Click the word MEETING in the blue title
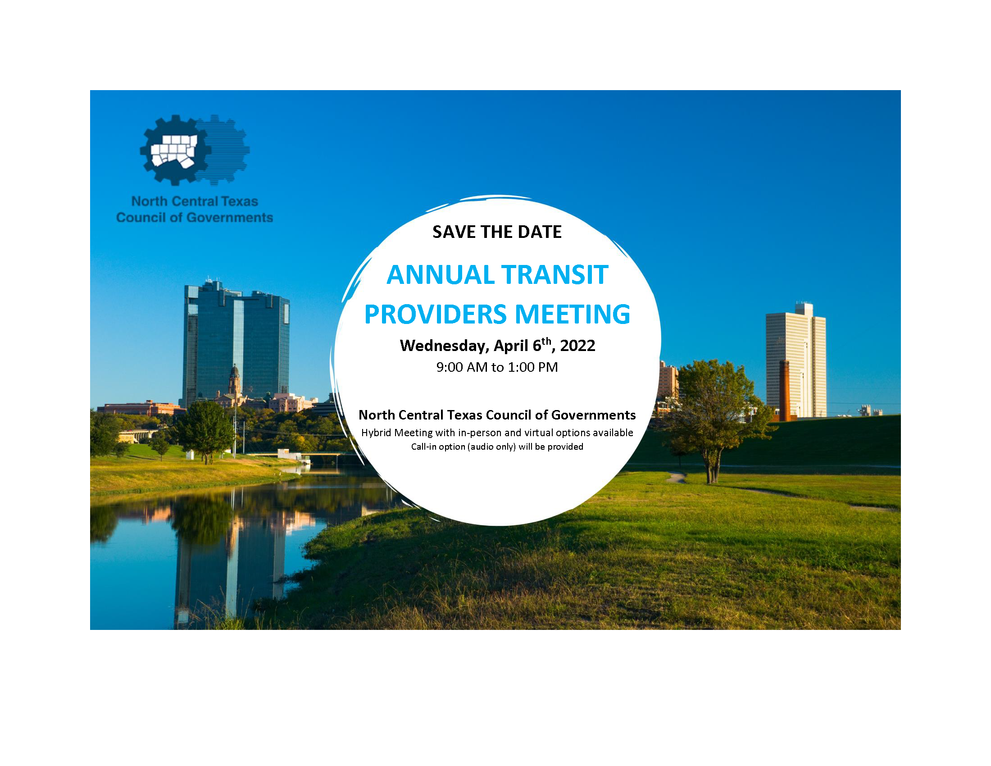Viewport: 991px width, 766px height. click(572, 315)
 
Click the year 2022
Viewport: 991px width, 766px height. click(577, 346)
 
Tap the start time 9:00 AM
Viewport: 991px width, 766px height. click(461, 367)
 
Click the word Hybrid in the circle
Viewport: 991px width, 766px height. click(376, 433)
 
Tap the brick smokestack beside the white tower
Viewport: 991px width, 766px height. click(784, 390)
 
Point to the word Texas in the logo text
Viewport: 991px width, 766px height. click(240, 201)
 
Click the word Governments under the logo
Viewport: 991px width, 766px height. click(230, 218)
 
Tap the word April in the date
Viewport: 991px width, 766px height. click(511, 346)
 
